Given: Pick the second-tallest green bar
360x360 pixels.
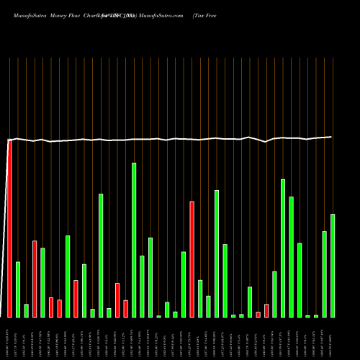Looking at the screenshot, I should pyautogui.click(x=283, y=248).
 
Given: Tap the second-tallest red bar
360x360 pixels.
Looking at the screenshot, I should pyautogui.click(x=192, y=259).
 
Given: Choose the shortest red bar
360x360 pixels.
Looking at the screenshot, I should pyautogui.click(x=258, y=314).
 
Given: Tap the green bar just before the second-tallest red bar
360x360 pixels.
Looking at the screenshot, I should pyautogui.click(x=184, y=284).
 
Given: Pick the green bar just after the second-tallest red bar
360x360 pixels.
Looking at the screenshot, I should pyautogui.click(x=200, y=298).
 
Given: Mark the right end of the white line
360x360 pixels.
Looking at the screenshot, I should pyautogui.click(x=331, y=137).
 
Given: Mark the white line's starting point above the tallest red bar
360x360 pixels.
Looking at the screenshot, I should pyautogui.click(x=9, y=140).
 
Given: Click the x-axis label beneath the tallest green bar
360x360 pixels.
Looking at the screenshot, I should pyautogui.click(x=134, y=338).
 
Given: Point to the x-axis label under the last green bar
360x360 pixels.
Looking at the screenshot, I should pyautogui.click(x=333, y=338).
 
